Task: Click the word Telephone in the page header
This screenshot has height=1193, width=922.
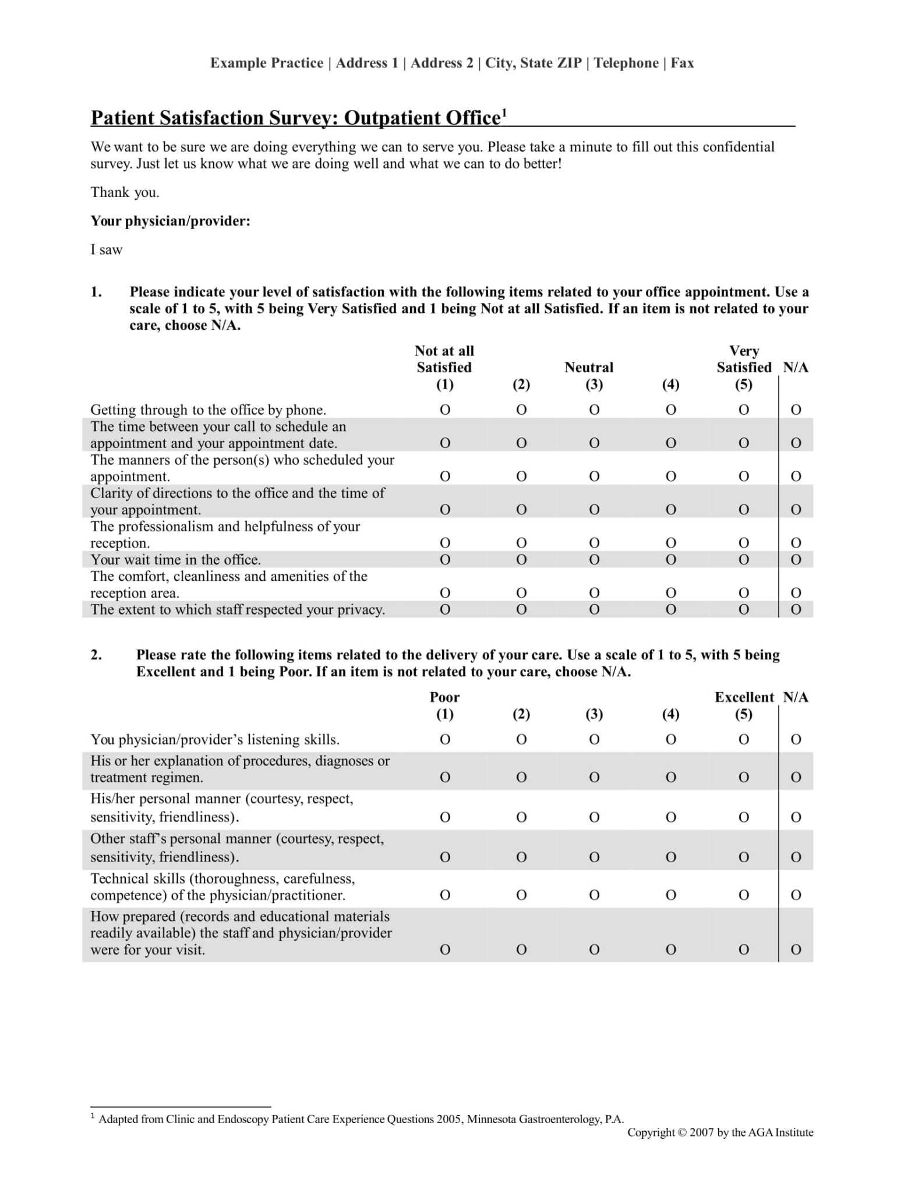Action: [x=626, y=63]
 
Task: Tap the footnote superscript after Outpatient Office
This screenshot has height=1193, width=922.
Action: [x=504, y=112]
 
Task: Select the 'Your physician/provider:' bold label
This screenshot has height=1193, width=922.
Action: [x=170, y=221]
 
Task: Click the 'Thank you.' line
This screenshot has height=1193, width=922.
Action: [x=125, y=192]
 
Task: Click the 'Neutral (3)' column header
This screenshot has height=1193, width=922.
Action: [x=589, y=375]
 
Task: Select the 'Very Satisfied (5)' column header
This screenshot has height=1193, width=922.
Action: [x=744, y=368]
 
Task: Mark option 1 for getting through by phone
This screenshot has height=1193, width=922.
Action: [x=445, y=410]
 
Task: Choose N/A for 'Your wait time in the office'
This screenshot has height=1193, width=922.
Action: [x=796, y=560]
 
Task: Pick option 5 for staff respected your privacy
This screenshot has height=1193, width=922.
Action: [x=744, y=610]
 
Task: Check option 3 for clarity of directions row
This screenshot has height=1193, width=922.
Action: [x=594, y=510]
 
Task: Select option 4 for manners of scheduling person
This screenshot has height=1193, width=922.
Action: [x=670, y=477]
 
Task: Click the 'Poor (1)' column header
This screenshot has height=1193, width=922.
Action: [x=444, y=705]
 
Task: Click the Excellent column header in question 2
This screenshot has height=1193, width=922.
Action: [x=744, y=698]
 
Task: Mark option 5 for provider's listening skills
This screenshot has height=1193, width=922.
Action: [x=744, y=740]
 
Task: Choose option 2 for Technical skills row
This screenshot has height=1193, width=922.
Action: [x=521, y=895]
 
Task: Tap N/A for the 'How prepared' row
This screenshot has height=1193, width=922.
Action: [x=796, y=950]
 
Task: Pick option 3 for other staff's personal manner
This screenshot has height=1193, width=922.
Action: [x=594, y=857]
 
